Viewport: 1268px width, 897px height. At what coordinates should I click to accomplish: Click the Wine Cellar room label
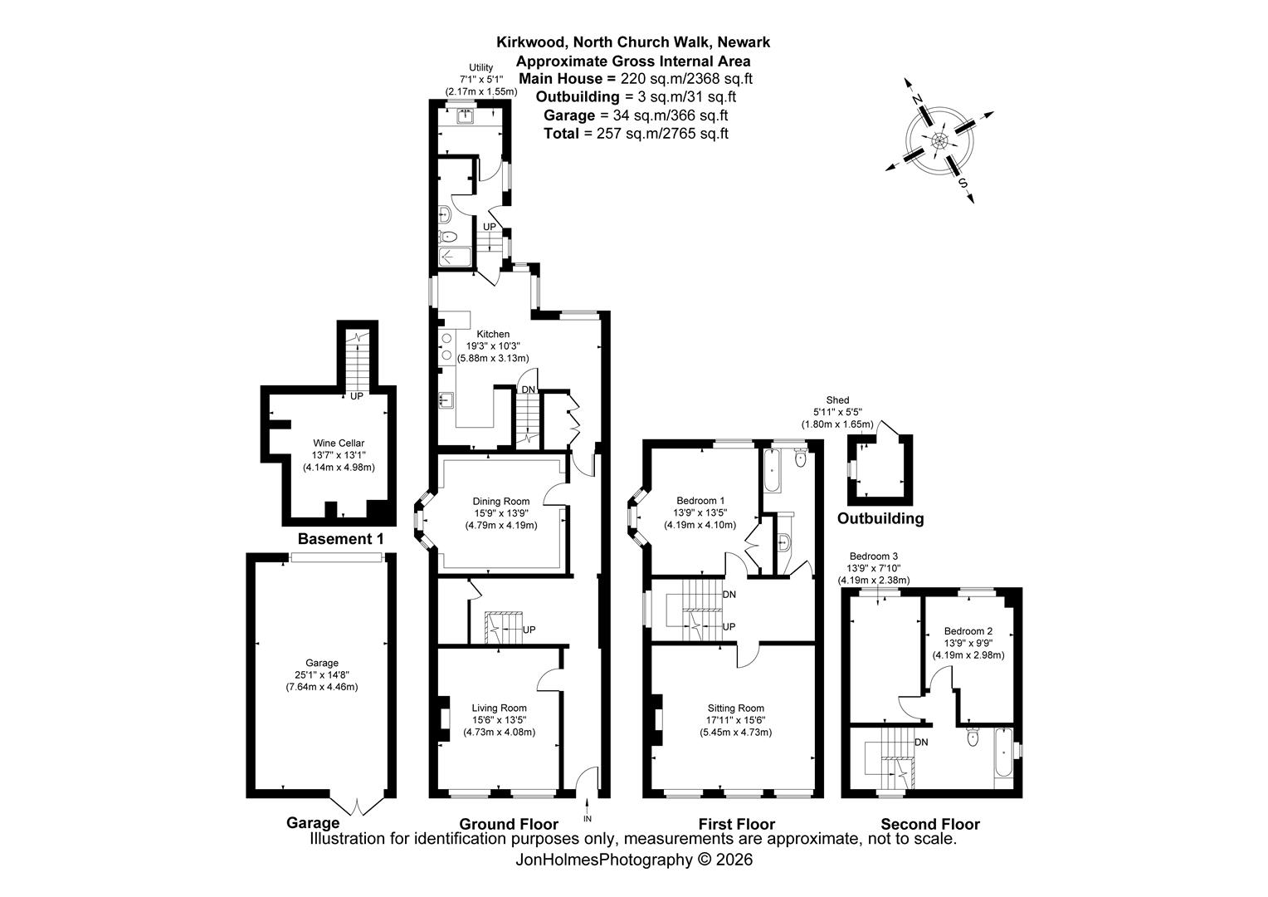pos(339,444)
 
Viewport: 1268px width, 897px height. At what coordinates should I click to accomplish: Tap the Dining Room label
pos(501,501)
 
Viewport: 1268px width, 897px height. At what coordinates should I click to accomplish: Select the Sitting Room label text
pos(735,708)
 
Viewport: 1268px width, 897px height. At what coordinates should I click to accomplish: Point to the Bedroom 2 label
pos(968,630)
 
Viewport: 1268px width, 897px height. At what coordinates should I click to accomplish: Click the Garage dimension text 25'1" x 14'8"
pos(321,675)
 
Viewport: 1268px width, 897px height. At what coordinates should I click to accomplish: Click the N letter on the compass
pos(918,99)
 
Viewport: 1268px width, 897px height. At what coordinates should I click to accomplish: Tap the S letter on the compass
pos(962,184)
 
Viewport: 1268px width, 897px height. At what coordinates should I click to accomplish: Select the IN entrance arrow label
pos(587,818)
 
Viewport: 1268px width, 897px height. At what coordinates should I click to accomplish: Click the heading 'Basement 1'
pos(340,538)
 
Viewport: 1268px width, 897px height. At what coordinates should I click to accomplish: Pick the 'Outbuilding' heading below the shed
pos(880,518)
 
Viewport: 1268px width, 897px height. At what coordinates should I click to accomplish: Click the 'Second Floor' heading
pos(930,823)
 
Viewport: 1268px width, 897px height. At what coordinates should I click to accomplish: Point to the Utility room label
pos(480,67)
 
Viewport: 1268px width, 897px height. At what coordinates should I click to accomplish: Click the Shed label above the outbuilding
pos(837,400)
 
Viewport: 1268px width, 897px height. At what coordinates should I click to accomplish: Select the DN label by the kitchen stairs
pos(528,390)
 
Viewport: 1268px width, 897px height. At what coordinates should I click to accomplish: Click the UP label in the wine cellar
pos(356,396)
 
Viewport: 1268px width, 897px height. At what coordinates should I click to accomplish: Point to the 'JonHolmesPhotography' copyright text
pos(603,860)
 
